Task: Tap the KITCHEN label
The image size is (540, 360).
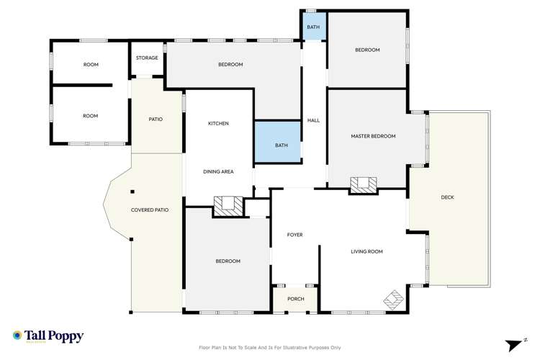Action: [218, 124]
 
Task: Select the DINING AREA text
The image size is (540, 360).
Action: [218, 171]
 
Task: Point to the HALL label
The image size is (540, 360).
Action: [313, 120]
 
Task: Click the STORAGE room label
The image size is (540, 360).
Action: [147, 58]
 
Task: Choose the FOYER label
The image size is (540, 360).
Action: [294, 235]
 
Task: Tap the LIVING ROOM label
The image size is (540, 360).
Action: [366, 251]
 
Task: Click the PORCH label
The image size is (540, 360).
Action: [295, 299]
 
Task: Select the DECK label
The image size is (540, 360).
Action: [448, 197]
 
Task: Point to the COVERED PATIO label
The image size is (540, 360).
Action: [150, 210]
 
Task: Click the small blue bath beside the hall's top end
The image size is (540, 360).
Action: [313, 27]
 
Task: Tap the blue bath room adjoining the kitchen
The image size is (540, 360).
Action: [281, 146]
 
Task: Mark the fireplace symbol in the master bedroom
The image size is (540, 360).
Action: [363, 185]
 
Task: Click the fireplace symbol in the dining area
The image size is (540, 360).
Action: [228, 206]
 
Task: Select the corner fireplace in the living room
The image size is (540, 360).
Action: [393, 297]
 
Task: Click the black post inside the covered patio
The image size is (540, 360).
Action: [132, 192]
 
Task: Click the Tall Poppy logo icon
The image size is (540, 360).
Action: [17, 336]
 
